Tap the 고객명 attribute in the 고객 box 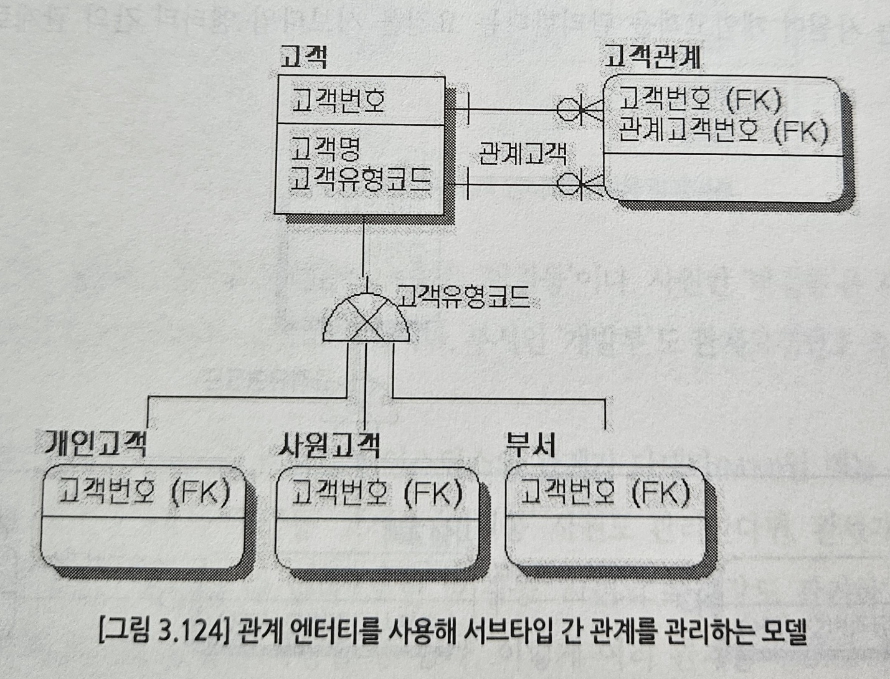tap(325, 148)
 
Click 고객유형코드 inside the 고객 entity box tap(361, 179)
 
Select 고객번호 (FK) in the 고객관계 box tap(699, 100)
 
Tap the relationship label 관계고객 tap(523, 153)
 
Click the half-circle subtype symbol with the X tap(366, 320)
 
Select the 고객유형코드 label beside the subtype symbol tap(464, 297)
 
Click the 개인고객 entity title tap(95, 444)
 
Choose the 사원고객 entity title tap(328, 445)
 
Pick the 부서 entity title tap(530, 445)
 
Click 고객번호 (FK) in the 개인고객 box tap(144, 492)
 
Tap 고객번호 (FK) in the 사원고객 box tap(377, 493)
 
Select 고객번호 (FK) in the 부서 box tap(605, 493)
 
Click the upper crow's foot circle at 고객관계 tap(567, 110)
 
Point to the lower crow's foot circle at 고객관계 tap(567, 184)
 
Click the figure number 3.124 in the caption tap(190, 632)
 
